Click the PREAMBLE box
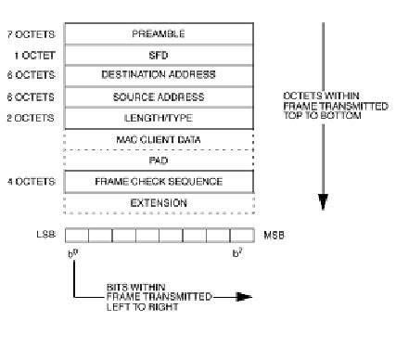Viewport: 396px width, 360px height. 158,32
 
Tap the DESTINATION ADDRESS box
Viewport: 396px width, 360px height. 158,74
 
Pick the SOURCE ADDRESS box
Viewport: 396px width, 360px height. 158,96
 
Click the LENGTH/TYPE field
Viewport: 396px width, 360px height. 158,117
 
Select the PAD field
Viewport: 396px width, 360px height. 158,160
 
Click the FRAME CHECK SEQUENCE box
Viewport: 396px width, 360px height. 158,181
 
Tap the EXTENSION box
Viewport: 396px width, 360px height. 158,202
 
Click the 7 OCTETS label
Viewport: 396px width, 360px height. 34,32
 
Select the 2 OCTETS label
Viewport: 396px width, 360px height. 34,117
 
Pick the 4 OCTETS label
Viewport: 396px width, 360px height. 34,181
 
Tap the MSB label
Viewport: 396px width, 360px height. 273,235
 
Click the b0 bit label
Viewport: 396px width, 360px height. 74,252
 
